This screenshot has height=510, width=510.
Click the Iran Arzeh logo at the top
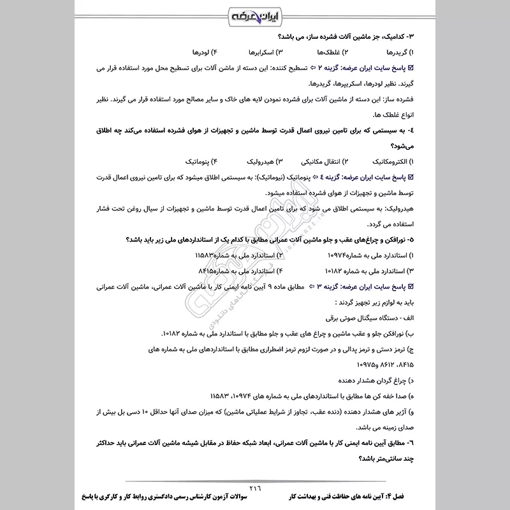click(254, 15)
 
